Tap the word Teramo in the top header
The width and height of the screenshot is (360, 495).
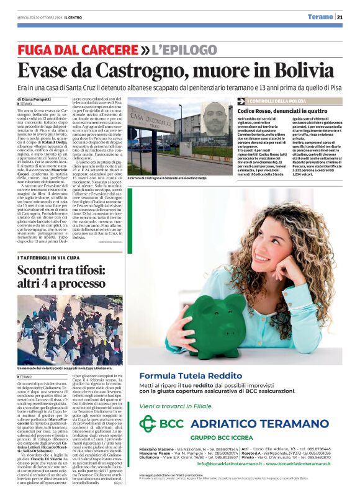(320, 17)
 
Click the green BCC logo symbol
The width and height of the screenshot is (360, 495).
(147, 424)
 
